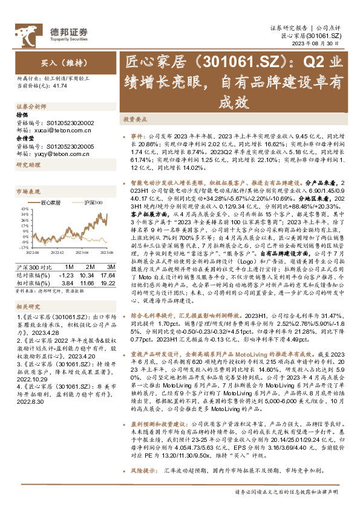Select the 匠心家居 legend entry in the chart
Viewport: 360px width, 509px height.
[51, 203]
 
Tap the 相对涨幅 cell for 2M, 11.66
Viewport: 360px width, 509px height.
[90, 282]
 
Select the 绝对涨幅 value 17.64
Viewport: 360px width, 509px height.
[110, 274]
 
